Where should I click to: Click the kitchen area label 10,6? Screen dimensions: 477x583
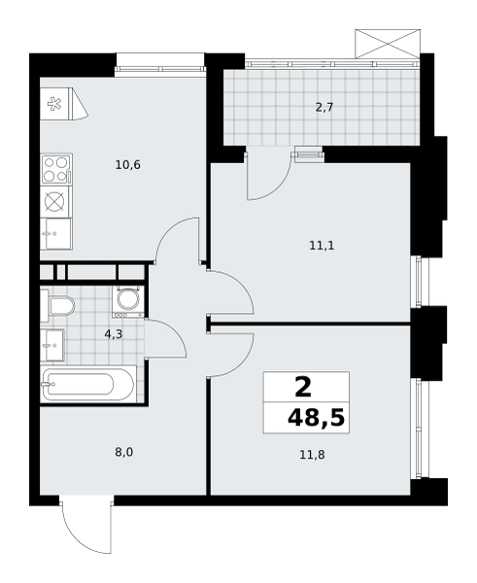(128, 165)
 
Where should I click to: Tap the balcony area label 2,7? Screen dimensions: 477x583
(324, 108)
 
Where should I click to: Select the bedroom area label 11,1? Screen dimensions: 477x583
(322, 246)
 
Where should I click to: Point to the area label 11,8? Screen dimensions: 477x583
(312, 455)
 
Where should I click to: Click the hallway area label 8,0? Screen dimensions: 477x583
(123, 453)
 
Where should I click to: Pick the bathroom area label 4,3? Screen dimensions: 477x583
(114, 334)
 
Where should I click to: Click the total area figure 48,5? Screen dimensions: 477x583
(316, 418)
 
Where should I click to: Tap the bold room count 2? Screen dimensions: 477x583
(303, 387)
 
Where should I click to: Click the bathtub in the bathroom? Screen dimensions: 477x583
(87, 385)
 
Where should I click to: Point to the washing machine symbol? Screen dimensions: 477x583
(128, 301)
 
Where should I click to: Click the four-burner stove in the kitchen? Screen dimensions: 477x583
(56, 169)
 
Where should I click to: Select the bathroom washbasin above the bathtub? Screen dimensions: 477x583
(52, 345)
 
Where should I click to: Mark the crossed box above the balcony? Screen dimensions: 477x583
(388, 44)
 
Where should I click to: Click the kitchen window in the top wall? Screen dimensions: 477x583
(160, 68)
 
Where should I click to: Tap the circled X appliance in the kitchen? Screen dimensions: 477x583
(54, 201)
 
